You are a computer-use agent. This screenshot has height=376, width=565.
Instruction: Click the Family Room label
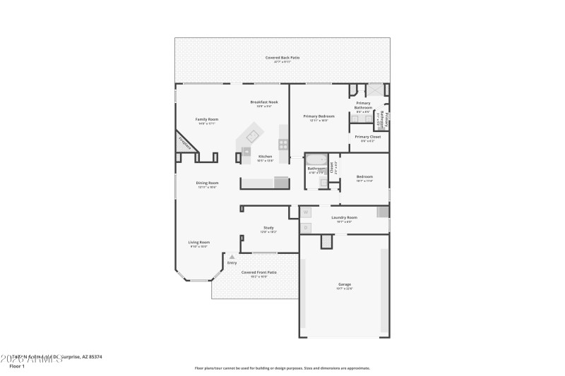(x=207, y=119)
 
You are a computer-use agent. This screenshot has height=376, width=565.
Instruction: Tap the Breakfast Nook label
(x=264, y=102)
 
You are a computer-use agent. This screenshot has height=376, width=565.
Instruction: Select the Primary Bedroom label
(x=319, y=116)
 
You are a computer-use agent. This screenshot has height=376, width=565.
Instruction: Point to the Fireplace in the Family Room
(x=185, y=141)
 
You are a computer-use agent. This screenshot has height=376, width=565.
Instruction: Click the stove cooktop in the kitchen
(x=283, y=143)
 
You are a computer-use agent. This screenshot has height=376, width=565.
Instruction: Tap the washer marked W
(x=306, y=212)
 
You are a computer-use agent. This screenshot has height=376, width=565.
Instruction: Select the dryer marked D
(x=306, y=227)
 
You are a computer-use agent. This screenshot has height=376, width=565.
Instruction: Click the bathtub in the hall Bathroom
(x=317, y=159)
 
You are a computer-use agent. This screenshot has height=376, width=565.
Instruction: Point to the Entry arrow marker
(x=232, y=257)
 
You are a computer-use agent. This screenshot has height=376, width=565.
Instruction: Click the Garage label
(x=345, y=284)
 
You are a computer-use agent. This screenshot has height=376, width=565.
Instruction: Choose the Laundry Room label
(x=345, y=217)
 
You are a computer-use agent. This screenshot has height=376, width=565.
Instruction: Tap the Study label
(x=268, y=227)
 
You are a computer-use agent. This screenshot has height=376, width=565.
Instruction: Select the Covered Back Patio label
(x=282, y=57)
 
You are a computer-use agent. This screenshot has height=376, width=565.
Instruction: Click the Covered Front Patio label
(x=259, y=272)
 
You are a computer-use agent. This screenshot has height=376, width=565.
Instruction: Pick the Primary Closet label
(x=368, y=137)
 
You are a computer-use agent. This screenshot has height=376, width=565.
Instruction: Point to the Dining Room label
(x=207, y=183)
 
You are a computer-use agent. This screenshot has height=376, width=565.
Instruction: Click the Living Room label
(x=199, y=242)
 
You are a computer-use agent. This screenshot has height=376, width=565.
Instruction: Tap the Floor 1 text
(x=16, y=366)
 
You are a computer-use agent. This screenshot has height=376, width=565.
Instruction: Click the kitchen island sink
(x=246, y=150)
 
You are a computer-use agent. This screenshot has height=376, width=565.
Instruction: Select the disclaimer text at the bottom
(x=282, y=368)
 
